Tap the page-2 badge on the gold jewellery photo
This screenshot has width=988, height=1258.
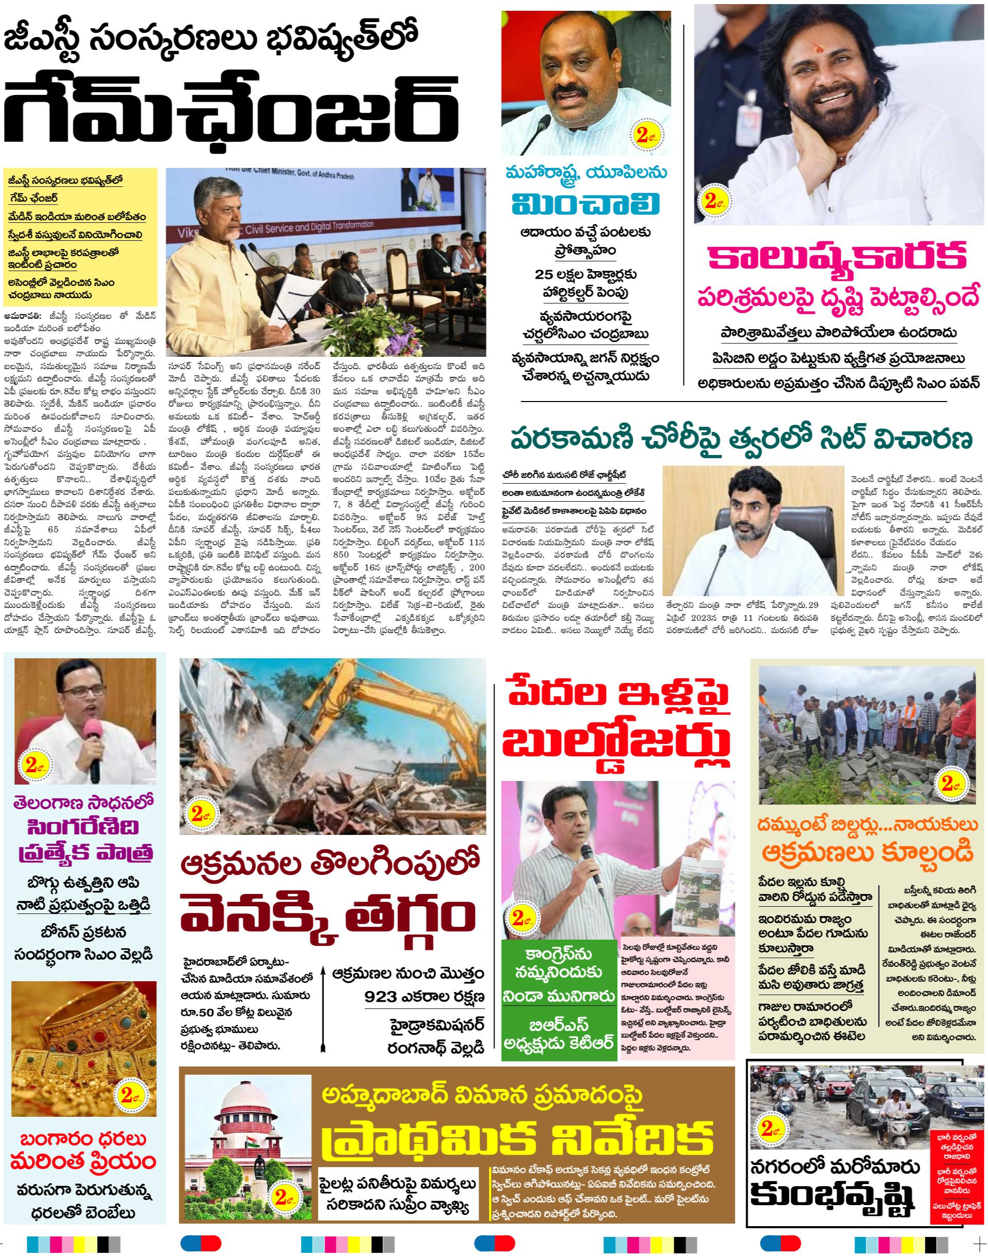[129, 1094]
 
